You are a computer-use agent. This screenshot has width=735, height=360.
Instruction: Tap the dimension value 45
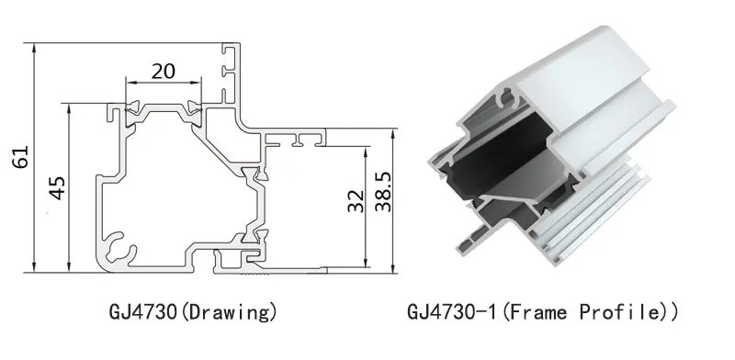tap(58, 188)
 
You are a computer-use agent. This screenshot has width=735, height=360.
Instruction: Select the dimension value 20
tap(164, 72)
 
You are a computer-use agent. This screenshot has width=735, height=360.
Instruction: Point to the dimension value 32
tap(356, 200)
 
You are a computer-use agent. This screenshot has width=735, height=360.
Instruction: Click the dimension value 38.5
tap(384, 191)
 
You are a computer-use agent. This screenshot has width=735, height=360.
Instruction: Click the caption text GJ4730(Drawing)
tap(193, 312)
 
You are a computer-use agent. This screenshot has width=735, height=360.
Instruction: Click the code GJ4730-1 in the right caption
tap(451, 312)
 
